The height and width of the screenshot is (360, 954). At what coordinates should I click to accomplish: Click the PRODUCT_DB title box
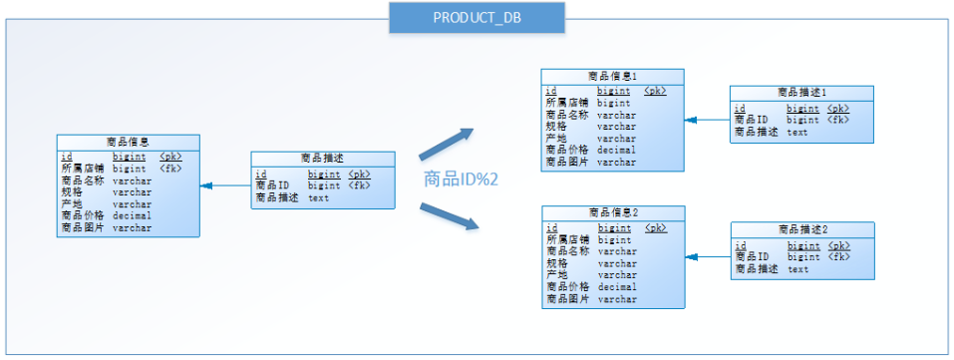point(477,18)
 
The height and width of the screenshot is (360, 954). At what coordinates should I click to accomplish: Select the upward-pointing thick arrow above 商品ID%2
point(447,145)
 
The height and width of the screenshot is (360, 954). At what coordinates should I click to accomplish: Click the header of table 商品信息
point(128,142)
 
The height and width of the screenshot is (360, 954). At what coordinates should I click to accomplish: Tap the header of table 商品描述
point(322,158)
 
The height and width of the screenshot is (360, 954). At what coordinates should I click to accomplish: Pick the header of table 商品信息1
point(612,76)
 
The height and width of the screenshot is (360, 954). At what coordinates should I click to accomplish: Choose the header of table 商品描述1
point(801,93)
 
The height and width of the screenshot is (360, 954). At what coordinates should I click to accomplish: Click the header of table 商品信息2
point(612,212)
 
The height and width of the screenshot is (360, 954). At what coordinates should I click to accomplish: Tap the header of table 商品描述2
point(802,229)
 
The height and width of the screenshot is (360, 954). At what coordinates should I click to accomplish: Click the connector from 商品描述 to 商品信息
point(225,185)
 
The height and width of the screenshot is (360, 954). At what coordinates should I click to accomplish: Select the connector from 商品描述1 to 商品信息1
point(707,120)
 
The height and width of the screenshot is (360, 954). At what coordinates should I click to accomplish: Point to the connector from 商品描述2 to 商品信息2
point(708,257)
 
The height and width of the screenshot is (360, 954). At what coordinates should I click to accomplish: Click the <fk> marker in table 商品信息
point(170,169)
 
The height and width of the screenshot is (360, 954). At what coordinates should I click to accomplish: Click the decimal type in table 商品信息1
point(616,151)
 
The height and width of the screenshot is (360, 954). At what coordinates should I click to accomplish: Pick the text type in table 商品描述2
point(798,269)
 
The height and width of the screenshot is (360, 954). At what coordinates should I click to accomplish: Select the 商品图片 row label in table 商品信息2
point(567,299)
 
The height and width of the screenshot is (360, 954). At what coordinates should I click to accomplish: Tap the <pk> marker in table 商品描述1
point(838,108)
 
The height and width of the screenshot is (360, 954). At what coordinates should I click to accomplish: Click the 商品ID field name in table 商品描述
point(272,185)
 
